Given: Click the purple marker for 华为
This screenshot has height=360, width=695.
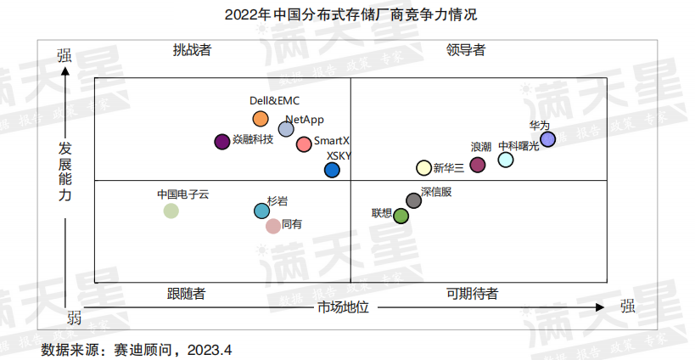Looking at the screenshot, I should pyautogui.click(x=548, y=139).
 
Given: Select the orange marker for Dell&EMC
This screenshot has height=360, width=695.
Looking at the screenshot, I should pyautogui.click(x=261, y=119).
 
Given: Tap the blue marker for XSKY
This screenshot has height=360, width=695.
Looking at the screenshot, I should pyautogui.click(x=332, y=171).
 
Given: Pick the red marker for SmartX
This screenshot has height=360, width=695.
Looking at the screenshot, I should pyautogui.click(x=304, y=143).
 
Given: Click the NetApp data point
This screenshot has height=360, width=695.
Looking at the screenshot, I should pyautogui.click(x=286, y=129).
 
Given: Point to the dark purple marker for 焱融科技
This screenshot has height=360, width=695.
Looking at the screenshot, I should pyautogui.click(x=222, y=142).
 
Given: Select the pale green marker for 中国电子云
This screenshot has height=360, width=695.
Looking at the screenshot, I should pyautogui.click(x=171, y=211).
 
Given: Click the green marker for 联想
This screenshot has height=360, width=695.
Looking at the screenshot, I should pyautogui.click(x=401, y=216).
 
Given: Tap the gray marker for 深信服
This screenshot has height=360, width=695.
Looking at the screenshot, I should pyautogui.click(x=413, y=200).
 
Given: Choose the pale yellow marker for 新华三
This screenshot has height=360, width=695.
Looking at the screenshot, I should pyautogui.click(x=423, y=168).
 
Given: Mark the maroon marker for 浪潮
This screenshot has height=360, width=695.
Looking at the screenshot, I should pyautogui.click(x=478, y=165).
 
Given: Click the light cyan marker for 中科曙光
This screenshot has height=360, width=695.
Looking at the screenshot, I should pyautogui.click(x=506, y=160).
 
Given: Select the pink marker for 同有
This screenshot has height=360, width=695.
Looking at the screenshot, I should pyautogui.click(x=272, y=226).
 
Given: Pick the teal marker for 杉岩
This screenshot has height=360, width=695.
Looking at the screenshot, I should pyautogui.click(x=261, y=211).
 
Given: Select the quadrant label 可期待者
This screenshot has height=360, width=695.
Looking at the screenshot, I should pyautogui.click(x=472, y=294).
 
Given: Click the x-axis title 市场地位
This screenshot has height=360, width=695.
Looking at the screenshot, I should pyautogui.click(x=343, y=307).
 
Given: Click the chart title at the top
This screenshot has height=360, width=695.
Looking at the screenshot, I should pyautogui.click(x=345, y=15).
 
